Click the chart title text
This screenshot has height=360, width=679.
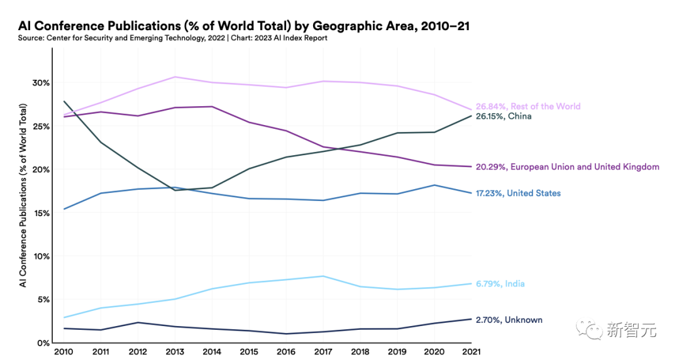(x=244, y=26)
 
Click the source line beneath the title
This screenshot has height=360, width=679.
(x=172, y=38)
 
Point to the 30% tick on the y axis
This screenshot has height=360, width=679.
(x=41, y=83)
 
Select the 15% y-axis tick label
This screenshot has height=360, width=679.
(x=41, y=213)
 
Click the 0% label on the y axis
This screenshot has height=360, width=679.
(x=43, y=343)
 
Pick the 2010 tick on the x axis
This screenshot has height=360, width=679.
(x=63, y=352)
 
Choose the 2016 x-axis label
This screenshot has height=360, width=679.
(x=286, y=352)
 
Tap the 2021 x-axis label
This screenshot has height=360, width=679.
(x=472, y=352)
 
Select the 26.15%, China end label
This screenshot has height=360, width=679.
(x=504, y=116)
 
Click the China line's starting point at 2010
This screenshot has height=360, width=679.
(x=63, y=101)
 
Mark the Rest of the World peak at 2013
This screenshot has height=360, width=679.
(x=175, y=77)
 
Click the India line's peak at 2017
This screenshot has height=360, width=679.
(x=323, y=276)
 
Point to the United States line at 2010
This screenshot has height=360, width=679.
(x=63, y=209)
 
